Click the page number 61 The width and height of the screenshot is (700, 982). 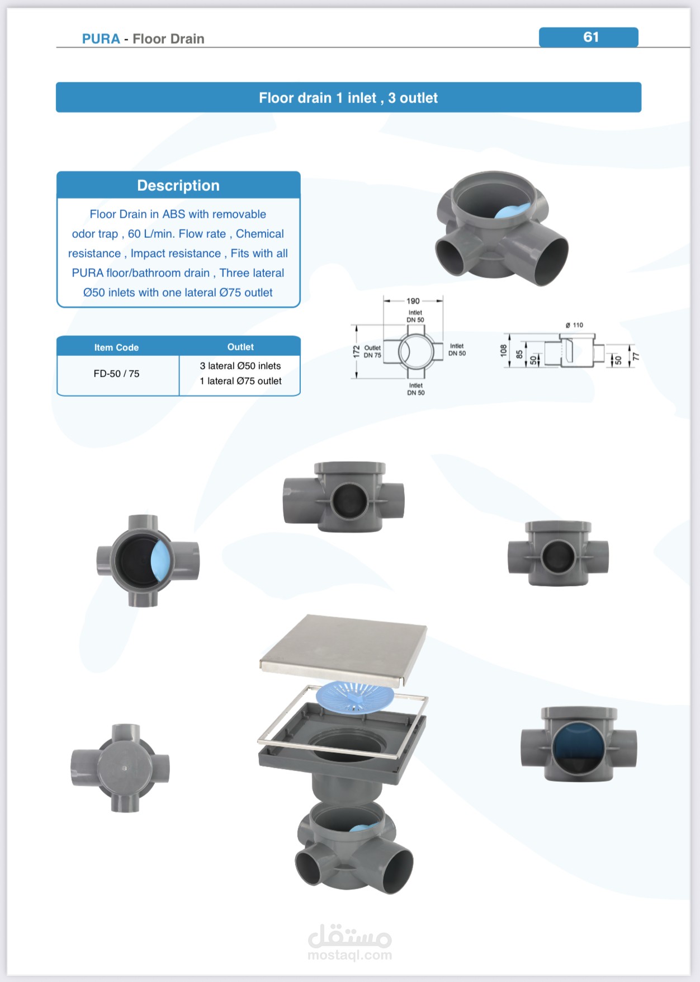pos(590,37)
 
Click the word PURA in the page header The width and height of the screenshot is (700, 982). pos(101,39)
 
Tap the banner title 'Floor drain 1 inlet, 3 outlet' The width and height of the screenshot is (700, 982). pos(348,98)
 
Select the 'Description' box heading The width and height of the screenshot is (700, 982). pos(178,185)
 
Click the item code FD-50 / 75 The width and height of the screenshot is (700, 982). pos(116,373)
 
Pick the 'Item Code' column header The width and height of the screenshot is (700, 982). pos(116,347)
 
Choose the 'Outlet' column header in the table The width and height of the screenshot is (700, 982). pos(240,347)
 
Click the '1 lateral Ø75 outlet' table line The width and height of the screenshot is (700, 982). pos(240,381)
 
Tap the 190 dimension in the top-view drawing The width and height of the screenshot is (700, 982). pos(413,301)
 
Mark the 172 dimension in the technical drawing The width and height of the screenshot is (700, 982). pos(356,351)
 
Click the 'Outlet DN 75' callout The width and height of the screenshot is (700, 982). pos(372,351)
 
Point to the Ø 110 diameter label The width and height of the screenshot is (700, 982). pos(574,325)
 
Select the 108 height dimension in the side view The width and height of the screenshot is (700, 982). pos(503,351)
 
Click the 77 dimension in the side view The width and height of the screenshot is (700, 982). pos(635,357)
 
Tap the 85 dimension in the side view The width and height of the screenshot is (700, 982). pos(519,354)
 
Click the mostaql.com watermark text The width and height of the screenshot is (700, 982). pos(349,955)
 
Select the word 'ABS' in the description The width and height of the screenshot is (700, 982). pos(173,214)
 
